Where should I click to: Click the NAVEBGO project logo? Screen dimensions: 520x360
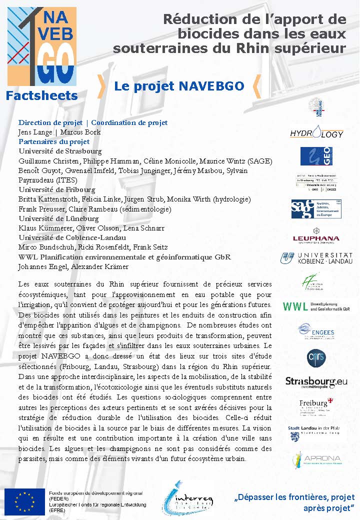41,46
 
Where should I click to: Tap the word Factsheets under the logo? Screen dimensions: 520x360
42,95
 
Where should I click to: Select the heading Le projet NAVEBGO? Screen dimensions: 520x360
179,86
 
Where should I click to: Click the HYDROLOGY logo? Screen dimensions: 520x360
316,133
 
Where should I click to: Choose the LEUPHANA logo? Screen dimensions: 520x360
316,238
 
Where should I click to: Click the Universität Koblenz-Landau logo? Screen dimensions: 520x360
316,258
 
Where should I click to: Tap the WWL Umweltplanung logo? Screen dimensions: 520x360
316,306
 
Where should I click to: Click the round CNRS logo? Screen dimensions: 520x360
316,356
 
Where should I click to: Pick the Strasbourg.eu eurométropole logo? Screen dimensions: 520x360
316,382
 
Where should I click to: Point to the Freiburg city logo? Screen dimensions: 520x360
316,406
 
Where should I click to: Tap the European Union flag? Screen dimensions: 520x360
24,501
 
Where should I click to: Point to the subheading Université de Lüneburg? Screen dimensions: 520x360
58,218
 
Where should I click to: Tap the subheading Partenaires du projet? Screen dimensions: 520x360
54,141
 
